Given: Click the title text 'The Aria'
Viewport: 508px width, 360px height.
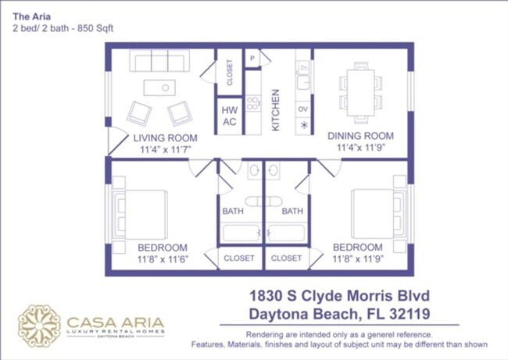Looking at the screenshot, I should [x=30, y=15].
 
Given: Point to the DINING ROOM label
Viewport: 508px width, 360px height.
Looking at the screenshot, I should [x=360, y=136].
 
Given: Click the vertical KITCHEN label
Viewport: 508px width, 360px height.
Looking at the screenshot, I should [x=275, y=110].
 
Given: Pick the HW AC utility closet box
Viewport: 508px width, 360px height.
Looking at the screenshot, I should [x=230, y=116].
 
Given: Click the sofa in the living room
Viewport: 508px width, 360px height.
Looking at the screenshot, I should [x=158, y=62].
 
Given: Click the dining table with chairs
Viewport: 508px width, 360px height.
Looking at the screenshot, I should [x=360, y=87].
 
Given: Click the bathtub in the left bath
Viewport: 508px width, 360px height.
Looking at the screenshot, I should [x=239, y=233].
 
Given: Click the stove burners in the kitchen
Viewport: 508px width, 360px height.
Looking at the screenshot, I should [x=253, y=102].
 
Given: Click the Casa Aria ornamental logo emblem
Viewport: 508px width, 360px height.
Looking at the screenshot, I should [x=39, y=326].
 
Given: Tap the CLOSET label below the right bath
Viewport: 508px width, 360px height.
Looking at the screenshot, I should [x=286, y=258].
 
